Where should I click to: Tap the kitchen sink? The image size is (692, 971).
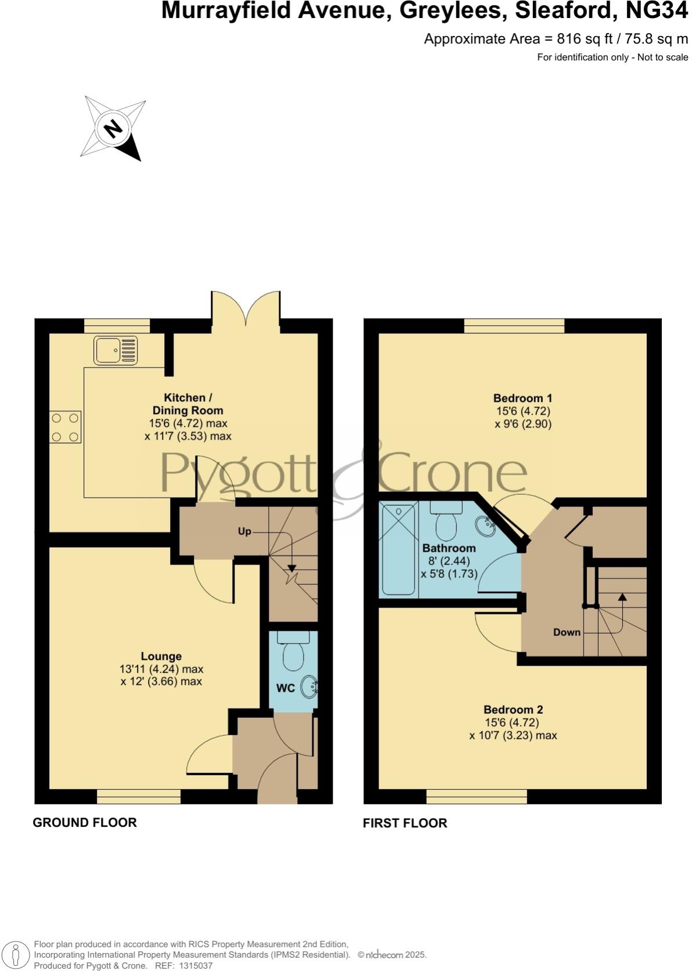tap(116, 351)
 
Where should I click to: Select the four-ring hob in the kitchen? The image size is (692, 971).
tap(65, 427)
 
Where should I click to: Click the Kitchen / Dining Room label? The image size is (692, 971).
tap(188, 404)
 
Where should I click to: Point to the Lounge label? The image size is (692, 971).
tap(161, 656)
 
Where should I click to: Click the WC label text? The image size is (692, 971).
tap(286, 688)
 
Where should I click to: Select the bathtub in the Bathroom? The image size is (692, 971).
tap(398, 549)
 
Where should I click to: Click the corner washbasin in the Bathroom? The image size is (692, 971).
tap(485, 527)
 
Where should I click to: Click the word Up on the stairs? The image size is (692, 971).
tap(244, 531)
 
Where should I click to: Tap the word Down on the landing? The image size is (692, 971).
tap(567, 632)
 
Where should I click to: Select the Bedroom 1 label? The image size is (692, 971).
tap(522, 398)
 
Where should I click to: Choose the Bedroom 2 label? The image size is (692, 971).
tap(513, 710)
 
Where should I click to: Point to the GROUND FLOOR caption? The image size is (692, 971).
tap(85, 822)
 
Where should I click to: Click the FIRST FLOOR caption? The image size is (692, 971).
tap(405, 823)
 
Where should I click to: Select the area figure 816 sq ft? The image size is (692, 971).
tap(581, 39)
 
